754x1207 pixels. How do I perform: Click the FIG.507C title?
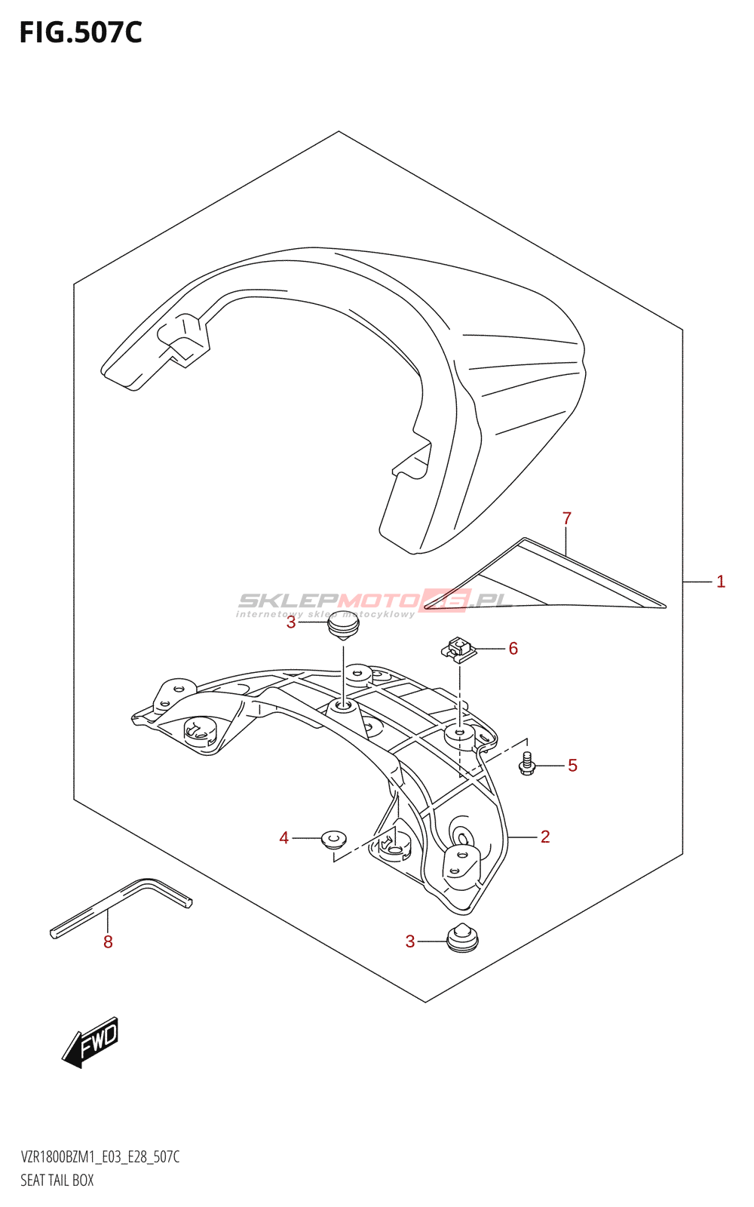(81, 33)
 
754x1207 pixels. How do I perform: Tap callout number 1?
(721, 582)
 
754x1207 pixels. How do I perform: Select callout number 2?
(545, 837)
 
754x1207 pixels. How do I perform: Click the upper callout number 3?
(291, 623)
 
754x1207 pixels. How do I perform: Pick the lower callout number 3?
(410, 941)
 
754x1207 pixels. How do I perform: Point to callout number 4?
(284, 838)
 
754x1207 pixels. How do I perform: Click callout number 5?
(573, 766)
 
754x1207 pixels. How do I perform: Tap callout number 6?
(513, 649)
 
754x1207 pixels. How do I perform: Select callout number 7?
(567, 518)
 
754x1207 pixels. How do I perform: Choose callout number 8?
(108, 941)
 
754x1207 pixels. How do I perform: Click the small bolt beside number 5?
(527, 765)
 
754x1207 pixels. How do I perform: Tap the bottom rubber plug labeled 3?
(462, 938)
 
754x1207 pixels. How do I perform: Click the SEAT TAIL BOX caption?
(57, 1181)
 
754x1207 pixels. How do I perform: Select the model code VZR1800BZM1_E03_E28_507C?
(100, 1157)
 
